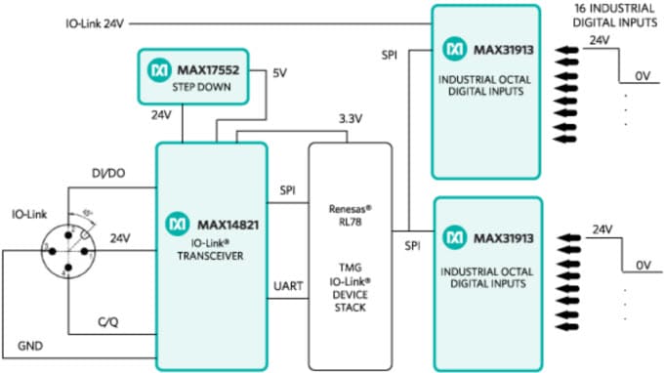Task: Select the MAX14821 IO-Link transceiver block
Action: tap(211, 256)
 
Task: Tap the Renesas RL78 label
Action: tap(351, 216)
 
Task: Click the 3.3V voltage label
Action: tap(351, 118)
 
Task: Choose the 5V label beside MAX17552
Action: tap(279, 73)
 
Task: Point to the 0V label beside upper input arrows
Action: tap(640, 73)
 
